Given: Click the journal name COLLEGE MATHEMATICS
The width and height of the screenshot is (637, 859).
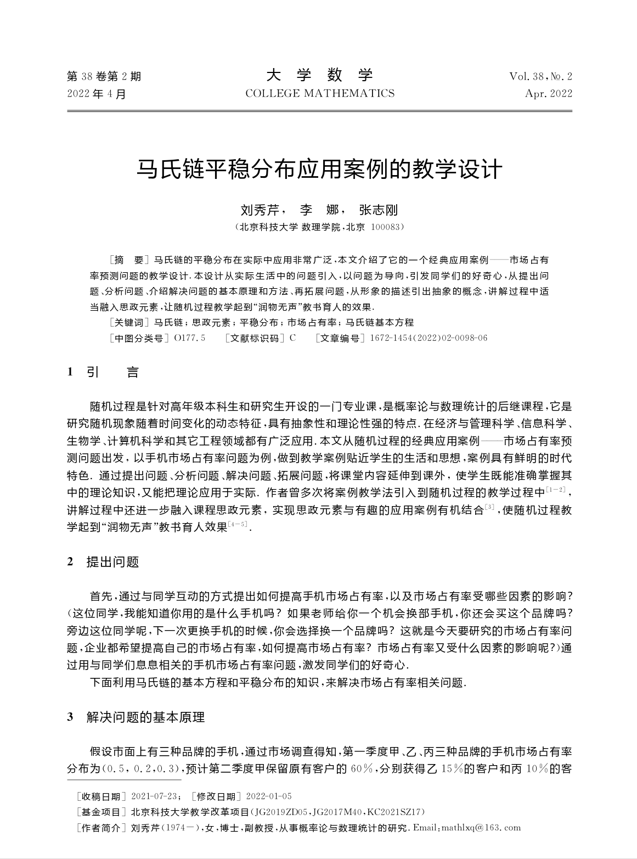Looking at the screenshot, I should (319, 93).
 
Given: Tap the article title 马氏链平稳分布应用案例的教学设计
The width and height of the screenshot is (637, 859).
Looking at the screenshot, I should (319, 169).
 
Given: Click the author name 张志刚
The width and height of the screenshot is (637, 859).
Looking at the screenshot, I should (378, 210).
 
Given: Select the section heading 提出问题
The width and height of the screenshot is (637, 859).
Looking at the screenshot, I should (112, 562).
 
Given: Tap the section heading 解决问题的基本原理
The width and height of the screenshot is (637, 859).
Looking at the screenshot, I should (145, 717).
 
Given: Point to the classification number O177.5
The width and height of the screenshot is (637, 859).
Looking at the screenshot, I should (189, 338).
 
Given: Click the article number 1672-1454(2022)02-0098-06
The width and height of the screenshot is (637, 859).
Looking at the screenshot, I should (429, 338).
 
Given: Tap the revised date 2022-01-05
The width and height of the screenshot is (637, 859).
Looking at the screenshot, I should (269, 796).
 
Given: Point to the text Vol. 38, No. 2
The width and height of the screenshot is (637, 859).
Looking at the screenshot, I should (540, 76).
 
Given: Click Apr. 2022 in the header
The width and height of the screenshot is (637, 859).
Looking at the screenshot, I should (548, 93).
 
